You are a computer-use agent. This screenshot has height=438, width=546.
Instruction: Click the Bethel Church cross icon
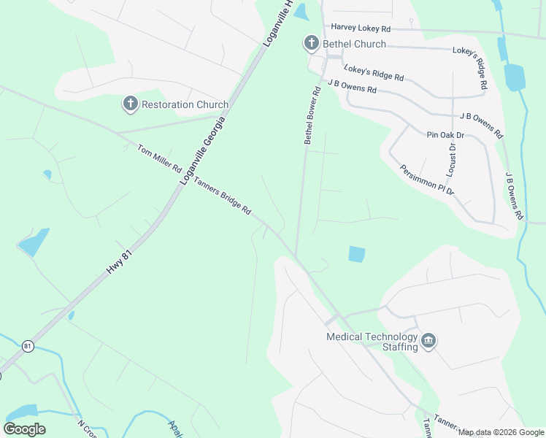tap(311, 44)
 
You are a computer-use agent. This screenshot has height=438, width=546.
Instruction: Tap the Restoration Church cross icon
tap(131, 104)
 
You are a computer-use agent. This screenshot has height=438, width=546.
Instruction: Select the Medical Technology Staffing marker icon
tap(428, 341)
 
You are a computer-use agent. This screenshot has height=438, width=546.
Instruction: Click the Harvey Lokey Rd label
tap(361, 28)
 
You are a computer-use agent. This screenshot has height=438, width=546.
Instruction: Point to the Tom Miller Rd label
tap(159, 158)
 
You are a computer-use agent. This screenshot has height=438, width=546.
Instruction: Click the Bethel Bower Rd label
tap(312, 116)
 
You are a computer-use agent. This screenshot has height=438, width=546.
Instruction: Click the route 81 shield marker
tap(28, 345)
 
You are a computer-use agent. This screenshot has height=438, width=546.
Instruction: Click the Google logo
tap(24, 429)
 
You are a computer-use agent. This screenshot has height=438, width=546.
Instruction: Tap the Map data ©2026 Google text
tap(501, 433)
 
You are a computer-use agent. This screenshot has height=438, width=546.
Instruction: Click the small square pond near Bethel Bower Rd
tap(356, 254)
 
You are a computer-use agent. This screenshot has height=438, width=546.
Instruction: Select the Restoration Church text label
tap(185, 104)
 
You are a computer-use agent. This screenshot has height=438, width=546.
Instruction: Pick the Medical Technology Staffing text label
tap(372, 342)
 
